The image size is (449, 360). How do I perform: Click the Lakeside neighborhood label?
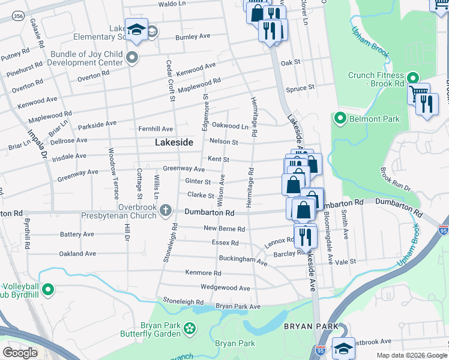click(174, 143)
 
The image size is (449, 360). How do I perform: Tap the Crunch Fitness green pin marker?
click(412, 78)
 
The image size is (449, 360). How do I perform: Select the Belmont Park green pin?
click(340, 119)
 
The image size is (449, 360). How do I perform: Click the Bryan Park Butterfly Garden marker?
click(190, 328)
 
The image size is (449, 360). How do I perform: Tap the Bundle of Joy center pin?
click(132, 58)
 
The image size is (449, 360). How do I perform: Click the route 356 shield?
click(20, 17)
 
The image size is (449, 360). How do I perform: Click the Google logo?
click(20, 353)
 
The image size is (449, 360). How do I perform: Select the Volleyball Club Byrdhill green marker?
click(48, 290)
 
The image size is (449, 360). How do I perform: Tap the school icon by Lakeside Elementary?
click(137, 29)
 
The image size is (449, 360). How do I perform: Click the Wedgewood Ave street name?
click(225, 288)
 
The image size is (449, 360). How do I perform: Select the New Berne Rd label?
click(224, 229)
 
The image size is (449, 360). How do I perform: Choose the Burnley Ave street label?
click(193, 37)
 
